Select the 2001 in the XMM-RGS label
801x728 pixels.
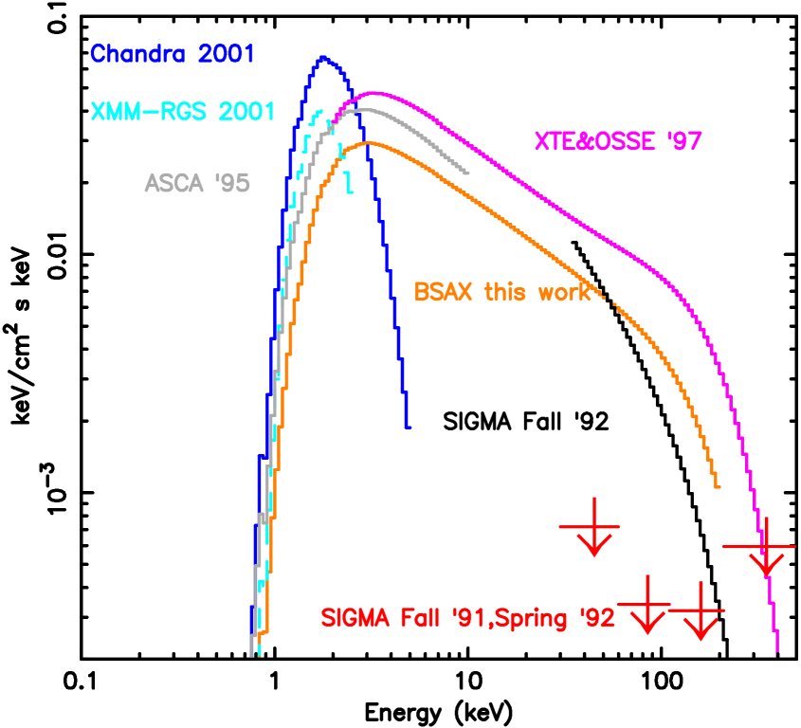246,112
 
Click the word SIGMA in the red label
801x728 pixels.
355,619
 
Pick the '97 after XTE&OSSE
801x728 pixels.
683,142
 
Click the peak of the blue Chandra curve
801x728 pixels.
323,57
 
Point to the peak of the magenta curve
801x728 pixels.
373,93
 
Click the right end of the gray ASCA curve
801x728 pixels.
468,173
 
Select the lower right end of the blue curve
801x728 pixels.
408,428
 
